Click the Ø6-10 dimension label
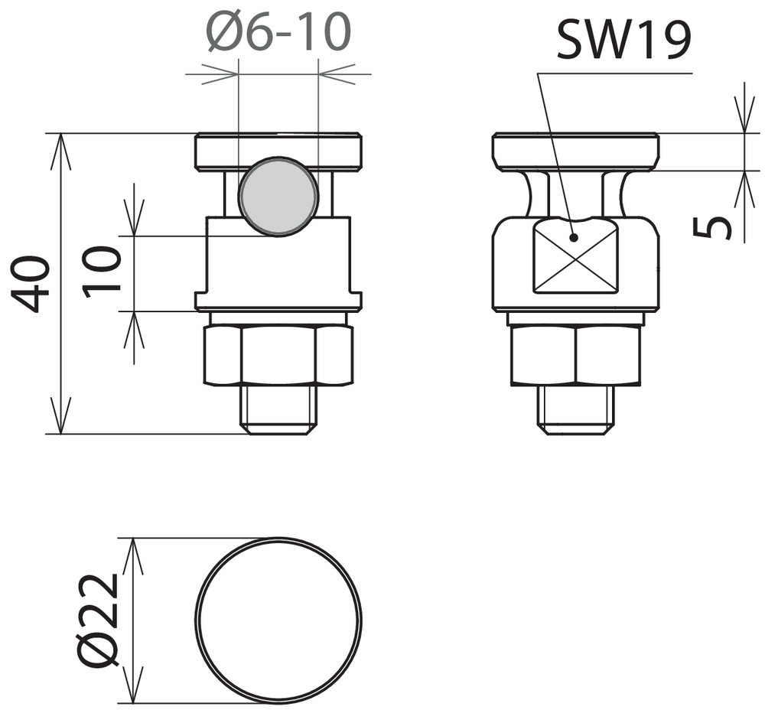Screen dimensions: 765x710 pyautogui.click(x=279, y=32)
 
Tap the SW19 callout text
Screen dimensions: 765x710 pyautogui.click(x=623, y=40)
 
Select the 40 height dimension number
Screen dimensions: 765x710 pyautogui.click(x=31, y=284)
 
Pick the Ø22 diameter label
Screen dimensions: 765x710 pyautogui.click(x=99, y=619)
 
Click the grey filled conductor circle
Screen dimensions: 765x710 pyautogui.click(x=278, y=196)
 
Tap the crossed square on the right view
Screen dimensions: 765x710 pyautogui.click(x=575, y=256)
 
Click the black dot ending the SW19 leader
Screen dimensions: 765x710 pyautogui.click(x=574, y=238)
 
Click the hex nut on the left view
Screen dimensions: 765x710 pyautogui.click(x=278, y=355)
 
